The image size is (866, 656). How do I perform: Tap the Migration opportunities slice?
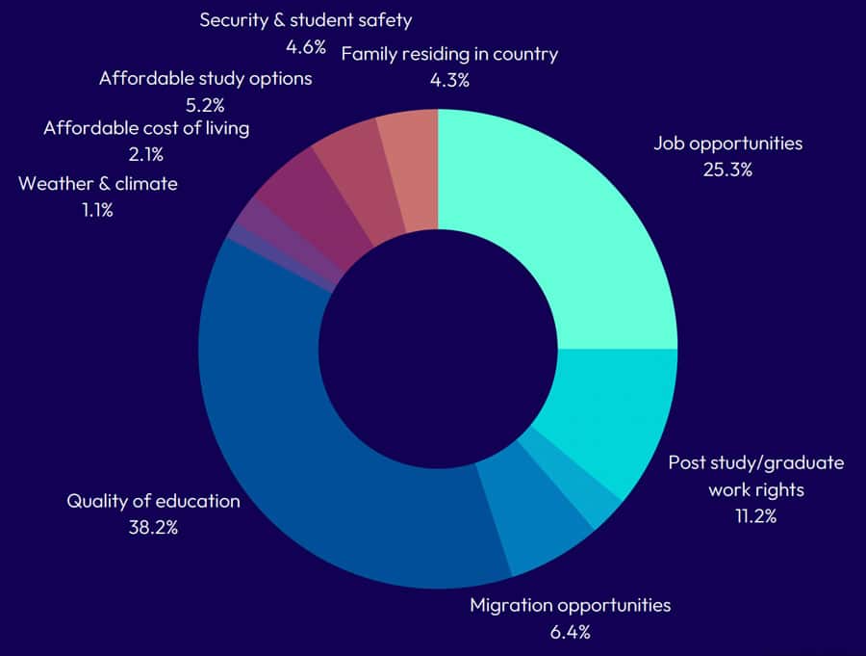(539, 520)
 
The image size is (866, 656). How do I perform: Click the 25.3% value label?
(727, 171)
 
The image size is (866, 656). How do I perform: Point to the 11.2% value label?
(755, 515)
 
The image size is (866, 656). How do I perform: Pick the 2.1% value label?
(146, 154)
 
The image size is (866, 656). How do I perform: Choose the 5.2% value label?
(205, 103)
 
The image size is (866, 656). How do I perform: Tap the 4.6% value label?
(305, 46)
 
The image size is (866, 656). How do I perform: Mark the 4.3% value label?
(449, 80)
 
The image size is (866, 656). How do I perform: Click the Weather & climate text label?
(98, 183)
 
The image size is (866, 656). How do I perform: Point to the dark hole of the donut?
(438, 348)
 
